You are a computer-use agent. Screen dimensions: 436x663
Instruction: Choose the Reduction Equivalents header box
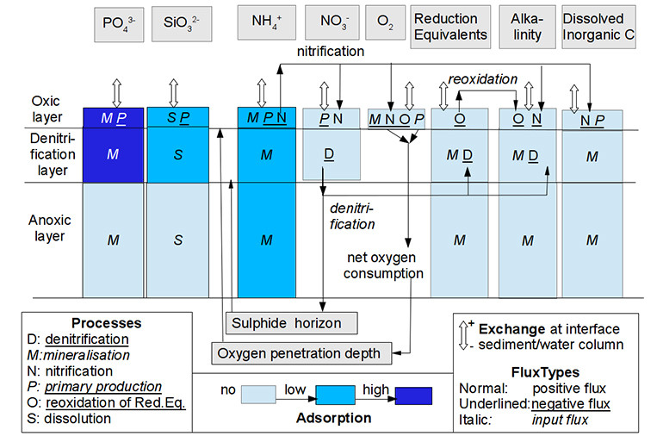click(449, 27)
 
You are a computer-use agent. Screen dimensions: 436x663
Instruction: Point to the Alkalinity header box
click(527, 27)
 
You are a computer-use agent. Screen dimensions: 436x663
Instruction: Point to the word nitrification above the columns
click(331, 53)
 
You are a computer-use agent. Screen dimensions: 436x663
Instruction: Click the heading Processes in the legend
click(107, 323)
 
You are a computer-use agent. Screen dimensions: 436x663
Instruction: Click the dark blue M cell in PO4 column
click(113, 154)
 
